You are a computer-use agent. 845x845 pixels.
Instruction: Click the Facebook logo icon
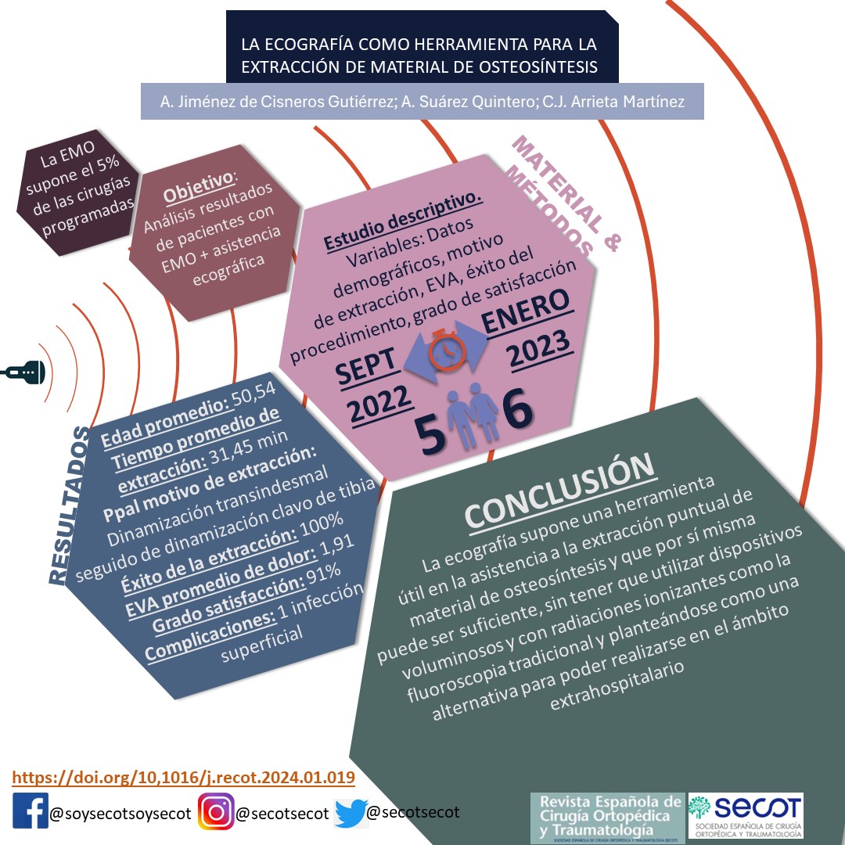(31, 813)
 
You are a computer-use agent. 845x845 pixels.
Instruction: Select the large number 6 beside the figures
(517, 412)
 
